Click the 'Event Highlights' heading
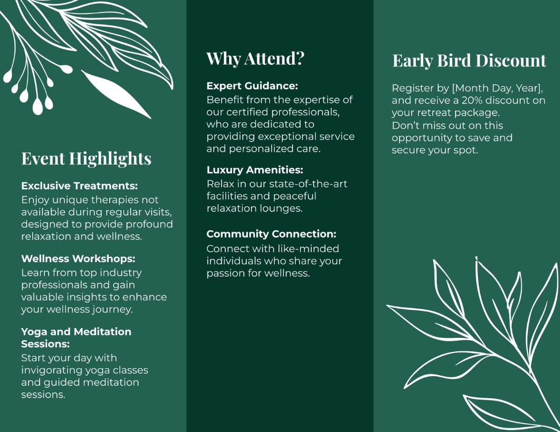tap(86, 158)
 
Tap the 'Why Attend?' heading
tap(255, 59)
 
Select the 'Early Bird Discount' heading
tap(469, 61)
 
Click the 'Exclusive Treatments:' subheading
tap(79, 186)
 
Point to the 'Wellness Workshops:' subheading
tap(78, 259)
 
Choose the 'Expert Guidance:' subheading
tap(252, 86)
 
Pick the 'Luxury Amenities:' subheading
tap(255, 170)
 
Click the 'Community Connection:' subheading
tap(271, 234)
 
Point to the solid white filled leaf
tap(116, 93)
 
